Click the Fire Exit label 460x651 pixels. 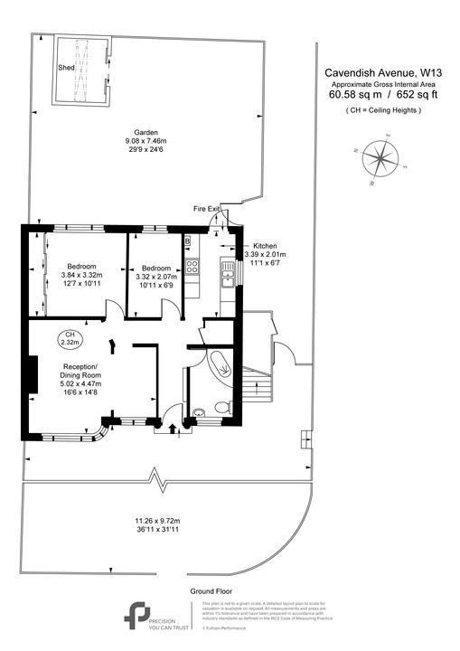[207, 209]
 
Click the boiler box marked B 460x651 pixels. [187, 241]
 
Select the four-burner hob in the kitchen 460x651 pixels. [192, 267]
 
